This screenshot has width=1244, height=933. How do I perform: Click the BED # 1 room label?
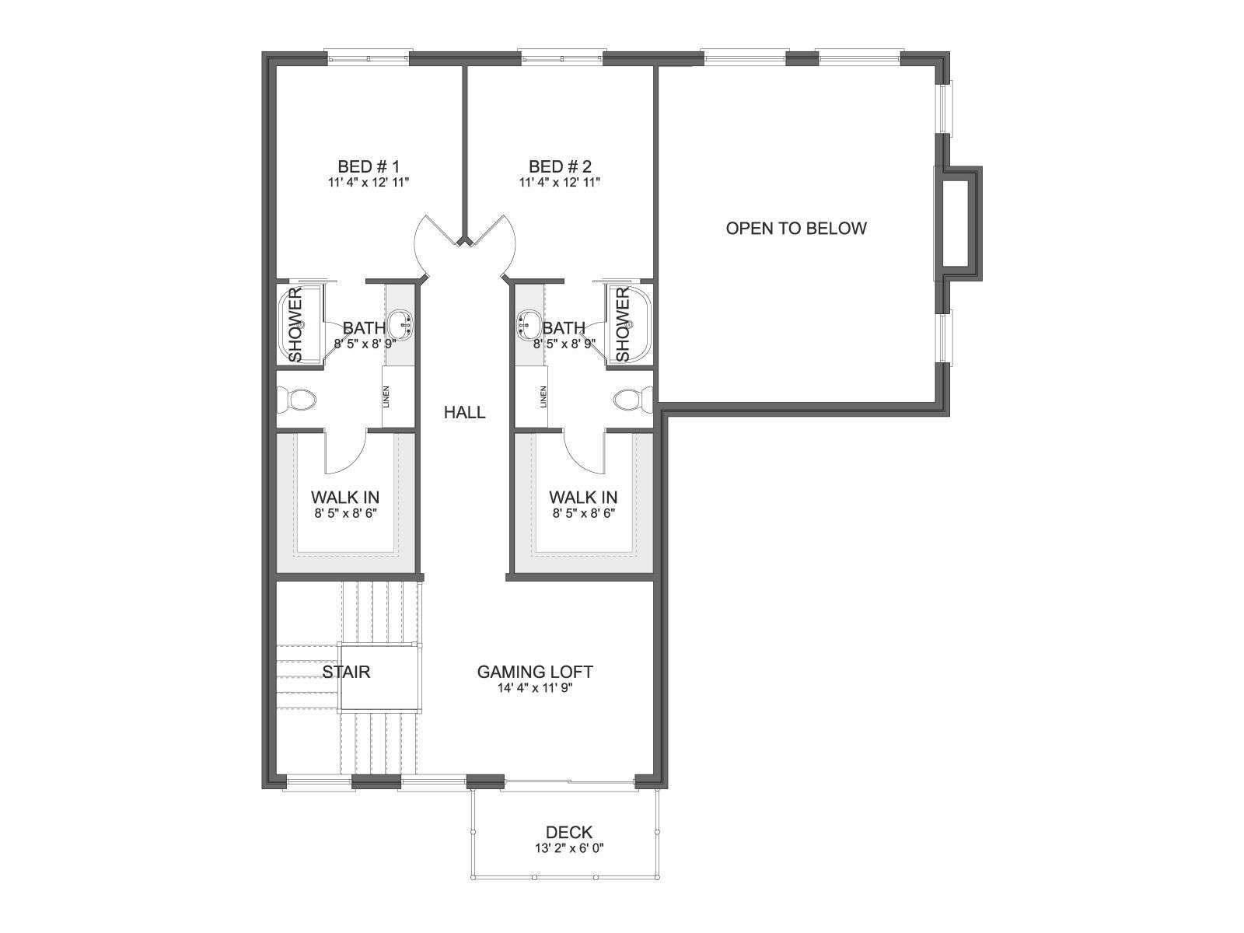[369, 166]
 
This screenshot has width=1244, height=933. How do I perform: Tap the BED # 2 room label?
[560, 166]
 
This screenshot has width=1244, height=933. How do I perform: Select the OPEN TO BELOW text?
[795, 229]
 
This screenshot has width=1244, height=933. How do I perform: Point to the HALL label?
[464, 412]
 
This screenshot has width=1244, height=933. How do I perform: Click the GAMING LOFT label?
[535, 672]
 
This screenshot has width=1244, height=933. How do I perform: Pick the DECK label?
[569, 832]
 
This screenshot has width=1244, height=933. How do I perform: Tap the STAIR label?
[346, 672]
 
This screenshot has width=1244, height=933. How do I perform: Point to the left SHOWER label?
[296, 324]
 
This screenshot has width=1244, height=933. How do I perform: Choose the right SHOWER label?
[622, 324]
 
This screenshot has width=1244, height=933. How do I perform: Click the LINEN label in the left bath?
[386, 397]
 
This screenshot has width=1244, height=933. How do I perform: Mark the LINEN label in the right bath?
[543, 397]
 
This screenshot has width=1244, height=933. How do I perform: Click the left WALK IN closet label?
[345, 498]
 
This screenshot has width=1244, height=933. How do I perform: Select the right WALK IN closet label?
[583, 498]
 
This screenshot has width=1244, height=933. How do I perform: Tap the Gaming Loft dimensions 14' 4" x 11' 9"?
[535, 688]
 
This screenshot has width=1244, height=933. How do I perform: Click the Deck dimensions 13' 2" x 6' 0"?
[569, 848]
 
